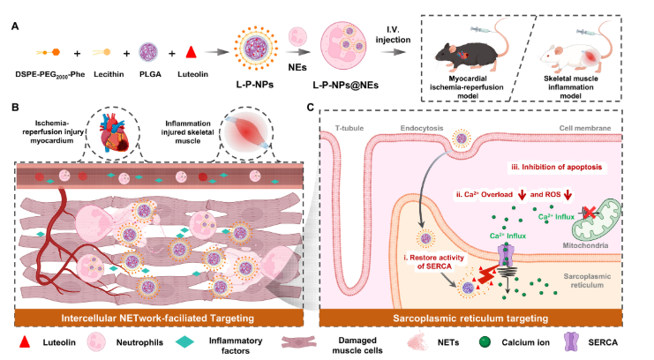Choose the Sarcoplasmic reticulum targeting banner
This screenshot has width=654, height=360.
click(480, 315)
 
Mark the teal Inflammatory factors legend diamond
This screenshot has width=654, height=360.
click(175, 341)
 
